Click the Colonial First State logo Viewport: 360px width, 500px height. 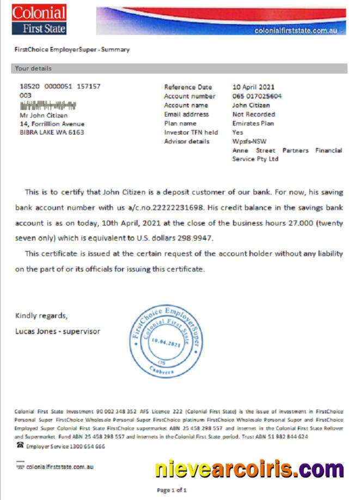[39, 20]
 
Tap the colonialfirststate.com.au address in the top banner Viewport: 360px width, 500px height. [299, 30]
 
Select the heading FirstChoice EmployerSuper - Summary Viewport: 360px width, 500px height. [72, 50]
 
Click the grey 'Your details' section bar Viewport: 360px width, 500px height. [178, 69]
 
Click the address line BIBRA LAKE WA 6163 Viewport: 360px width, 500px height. [52, 132]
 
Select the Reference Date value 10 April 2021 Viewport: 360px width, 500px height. [253, 87]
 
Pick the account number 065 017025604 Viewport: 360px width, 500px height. [257, 96]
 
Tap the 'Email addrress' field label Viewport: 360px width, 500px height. [186, 114]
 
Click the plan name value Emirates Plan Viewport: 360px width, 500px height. [253, 124]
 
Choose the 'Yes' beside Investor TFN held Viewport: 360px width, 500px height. [238, 132]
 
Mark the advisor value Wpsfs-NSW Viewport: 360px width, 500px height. [249, 142]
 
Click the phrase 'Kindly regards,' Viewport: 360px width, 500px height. [41, 316]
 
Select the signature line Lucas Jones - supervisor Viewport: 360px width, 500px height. [58, 331]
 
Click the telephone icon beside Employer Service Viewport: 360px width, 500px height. [20, 446]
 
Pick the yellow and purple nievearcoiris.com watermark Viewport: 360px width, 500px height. [249, 468]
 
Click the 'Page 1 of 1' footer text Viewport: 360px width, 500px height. [172, 490]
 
